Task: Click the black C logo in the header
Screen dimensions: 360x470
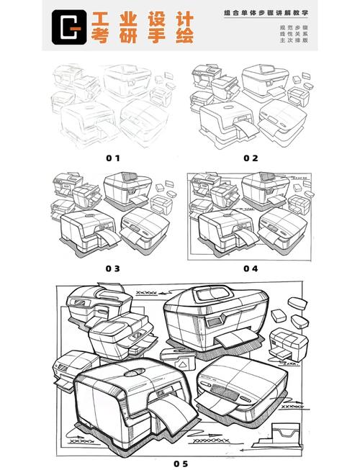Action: coord(69,27)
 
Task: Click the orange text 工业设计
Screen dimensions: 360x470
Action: coord(143,19)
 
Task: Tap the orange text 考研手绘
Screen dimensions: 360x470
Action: coord(143,36)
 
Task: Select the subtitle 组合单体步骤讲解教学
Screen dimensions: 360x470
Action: coord(266,13)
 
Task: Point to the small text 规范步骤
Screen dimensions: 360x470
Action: coord(294,28)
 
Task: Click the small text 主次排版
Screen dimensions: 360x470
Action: coord(294,40)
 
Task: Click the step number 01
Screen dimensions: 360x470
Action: coord(113,158)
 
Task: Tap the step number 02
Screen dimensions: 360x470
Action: coord(251,158)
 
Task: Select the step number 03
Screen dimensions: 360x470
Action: coord(113,268)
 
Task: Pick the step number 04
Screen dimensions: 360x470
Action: coord(251,268)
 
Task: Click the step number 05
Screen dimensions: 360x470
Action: coord(181,464)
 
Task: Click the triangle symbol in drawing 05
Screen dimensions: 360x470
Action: coord(182,365)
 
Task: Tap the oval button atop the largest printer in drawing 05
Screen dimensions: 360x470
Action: coord(134,373)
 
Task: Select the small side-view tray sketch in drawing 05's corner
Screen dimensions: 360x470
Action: coord(276,436)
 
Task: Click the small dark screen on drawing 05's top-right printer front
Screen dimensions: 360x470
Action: coord(213,323)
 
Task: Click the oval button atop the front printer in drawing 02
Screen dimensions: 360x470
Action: coord(228,107)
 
